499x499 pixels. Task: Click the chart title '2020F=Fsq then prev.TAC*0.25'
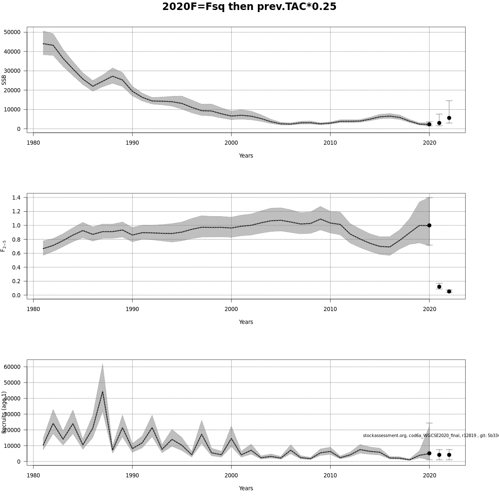[x=249, y=7]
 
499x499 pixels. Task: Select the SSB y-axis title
[x=4, y=80]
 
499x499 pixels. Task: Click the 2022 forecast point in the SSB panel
[x=449, y=118]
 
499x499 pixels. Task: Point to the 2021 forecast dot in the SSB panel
[x=439, y=123]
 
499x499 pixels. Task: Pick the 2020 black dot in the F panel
[x=429, y=225]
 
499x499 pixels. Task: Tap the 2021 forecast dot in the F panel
[x=439, y=287]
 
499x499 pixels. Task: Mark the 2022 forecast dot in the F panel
[x=449, y=291]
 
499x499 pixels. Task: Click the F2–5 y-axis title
[x=4, y=246]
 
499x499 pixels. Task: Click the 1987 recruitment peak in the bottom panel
[x=103, y=391]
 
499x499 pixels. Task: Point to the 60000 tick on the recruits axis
[x=12, y=367]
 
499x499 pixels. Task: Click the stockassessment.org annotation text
[x=430, y=435]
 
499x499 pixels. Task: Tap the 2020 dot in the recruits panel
[x=429, y=453]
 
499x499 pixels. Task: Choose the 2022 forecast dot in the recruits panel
[x=449, y=455]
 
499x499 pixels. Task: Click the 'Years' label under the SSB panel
[x=246, y=156]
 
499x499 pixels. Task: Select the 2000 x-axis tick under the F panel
[x=231, y=309]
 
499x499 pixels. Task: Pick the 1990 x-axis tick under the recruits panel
[x=132, y=475]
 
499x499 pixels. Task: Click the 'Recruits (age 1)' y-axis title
[x=4, y=412]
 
